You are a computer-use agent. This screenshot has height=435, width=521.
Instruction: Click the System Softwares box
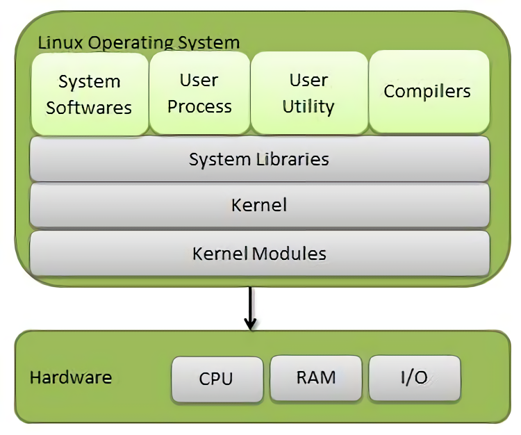click(89, 95)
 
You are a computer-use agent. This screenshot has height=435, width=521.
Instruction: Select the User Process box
click(199, 93)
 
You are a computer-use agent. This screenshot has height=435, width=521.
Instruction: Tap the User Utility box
click(308, 93)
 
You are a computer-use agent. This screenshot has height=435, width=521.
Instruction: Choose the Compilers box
click(428, 91)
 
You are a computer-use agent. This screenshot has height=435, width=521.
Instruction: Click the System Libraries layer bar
click(259, 159)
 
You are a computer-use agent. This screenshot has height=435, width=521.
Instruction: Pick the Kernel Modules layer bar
click(259, 253)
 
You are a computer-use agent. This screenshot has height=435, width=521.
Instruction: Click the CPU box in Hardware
click(217, 379)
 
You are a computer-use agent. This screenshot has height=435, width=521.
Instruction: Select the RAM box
click(316, 377)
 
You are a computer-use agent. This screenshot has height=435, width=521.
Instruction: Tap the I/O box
click(414, 378)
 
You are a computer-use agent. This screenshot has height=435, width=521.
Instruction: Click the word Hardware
click(71, 377)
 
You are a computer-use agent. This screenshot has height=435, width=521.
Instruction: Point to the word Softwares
click(89, 108)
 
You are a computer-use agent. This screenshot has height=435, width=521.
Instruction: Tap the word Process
click(199, 106)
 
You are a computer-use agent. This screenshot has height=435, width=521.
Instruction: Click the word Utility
click(308, 106)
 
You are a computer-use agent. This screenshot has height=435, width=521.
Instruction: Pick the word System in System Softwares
click(89, 82)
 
